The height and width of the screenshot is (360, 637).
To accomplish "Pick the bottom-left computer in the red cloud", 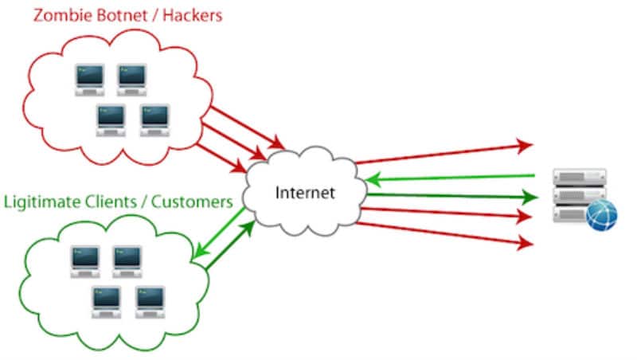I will [111, 117].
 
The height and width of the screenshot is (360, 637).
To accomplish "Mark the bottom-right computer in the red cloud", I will [154, 117].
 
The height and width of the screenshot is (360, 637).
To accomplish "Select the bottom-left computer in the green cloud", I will [106, 299].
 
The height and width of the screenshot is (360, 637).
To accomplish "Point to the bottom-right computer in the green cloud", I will [149, 299].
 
